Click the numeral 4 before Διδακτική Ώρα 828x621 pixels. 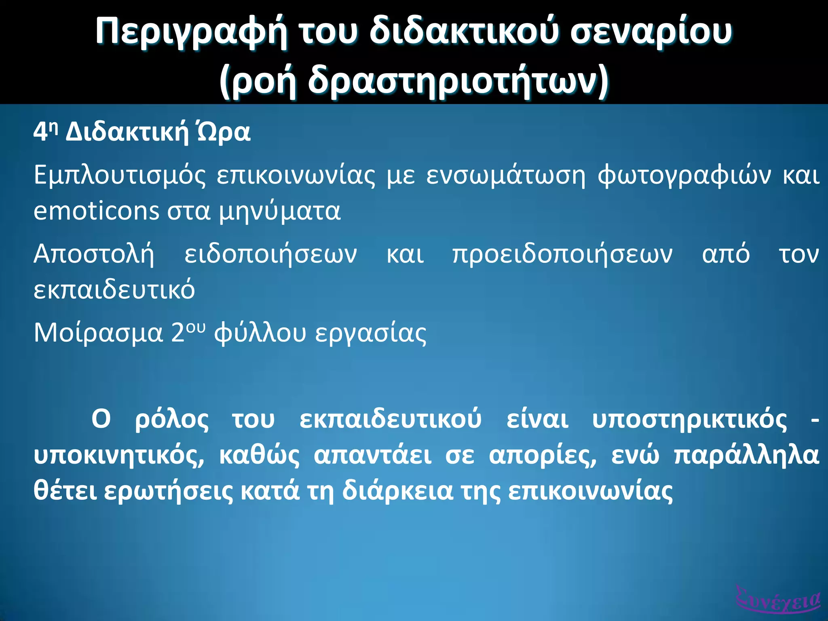tap(40, 133)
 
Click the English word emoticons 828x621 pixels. tap(96, 211)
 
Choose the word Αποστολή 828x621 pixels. tap(94, 255)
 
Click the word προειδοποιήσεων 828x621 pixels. tap(562, 255)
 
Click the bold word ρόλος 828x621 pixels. tap(172, 420)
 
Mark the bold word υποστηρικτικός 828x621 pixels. tap(689, 420)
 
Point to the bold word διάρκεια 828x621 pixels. tap(397, 491)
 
